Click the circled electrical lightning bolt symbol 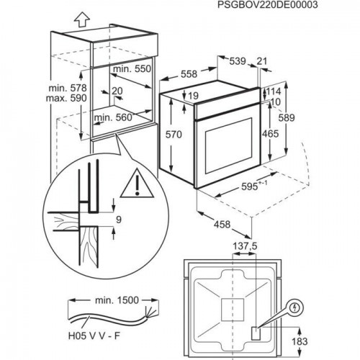[x=296, y=306]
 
